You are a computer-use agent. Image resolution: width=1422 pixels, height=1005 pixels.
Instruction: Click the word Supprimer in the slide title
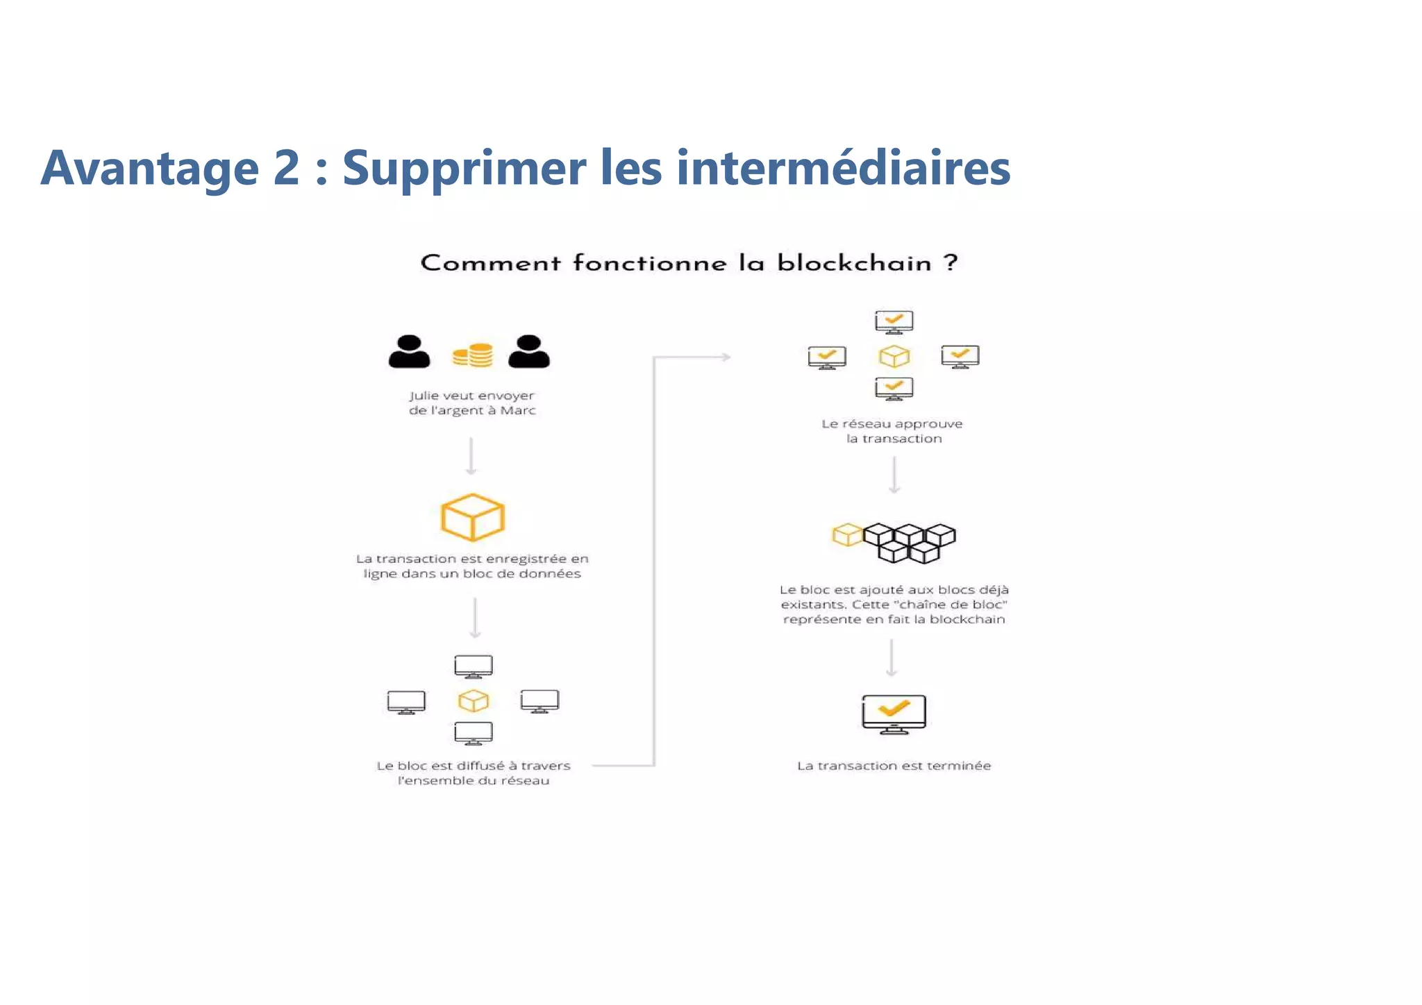[x=464, y=169]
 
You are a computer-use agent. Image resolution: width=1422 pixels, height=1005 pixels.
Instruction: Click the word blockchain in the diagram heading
[x=854, y=263]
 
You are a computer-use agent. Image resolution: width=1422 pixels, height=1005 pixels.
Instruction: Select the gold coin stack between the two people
[x=473, y=355]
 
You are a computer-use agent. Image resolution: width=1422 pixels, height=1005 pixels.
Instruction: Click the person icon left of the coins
[x=409, y=352]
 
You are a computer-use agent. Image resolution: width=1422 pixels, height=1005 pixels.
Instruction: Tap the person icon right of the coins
[x=529, y=352]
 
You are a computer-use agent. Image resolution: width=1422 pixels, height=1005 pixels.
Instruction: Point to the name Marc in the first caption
[x=518, y=411]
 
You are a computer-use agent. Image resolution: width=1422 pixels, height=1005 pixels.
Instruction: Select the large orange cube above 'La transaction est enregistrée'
[x=473, y=517]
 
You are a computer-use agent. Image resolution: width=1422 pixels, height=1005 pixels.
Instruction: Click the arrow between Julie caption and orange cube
[x=471, y=456]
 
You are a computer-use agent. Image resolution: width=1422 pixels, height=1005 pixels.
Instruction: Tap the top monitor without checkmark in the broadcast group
[x=474, y=666]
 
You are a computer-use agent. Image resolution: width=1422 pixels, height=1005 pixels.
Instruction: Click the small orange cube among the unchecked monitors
[x=474, y=701]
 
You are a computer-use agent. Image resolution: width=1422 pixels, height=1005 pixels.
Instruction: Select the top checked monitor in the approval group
[x=894, y=322]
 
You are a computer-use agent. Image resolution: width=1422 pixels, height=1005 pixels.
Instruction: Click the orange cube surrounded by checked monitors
[x=894, y=357]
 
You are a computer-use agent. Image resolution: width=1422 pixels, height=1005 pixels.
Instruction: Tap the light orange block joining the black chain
[x=847, y=535]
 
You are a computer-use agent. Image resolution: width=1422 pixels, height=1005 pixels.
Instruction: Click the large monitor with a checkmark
[x=894, y=713]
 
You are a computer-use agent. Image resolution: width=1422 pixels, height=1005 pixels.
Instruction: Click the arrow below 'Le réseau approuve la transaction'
[x=894, y=475]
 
